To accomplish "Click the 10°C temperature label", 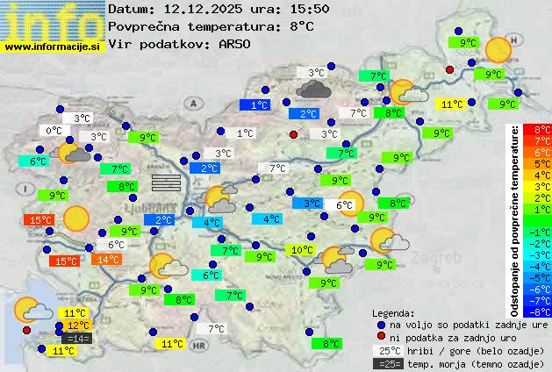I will coord(302,250).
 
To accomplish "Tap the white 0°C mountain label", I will coord(54,131).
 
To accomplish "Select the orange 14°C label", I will coord(108,260).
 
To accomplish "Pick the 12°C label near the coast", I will coord(78,325).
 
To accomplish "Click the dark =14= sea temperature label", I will coord(77,338).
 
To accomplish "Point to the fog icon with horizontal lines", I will coord(165,182).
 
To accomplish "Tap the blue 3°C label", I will coord(312,204).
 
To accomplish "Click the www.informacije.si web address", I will coord(53,46).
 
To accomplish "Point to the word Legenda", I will coord(393,313).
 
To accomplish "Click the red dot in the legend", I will coord(381,337).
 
